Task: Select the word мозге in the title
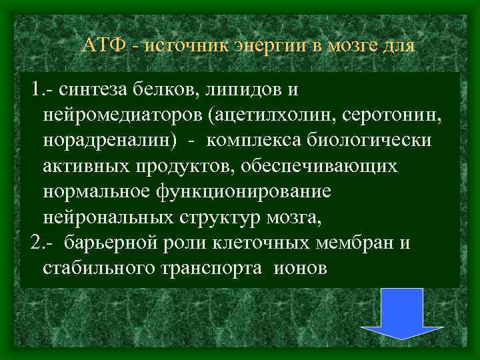(x=352, y=47)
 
